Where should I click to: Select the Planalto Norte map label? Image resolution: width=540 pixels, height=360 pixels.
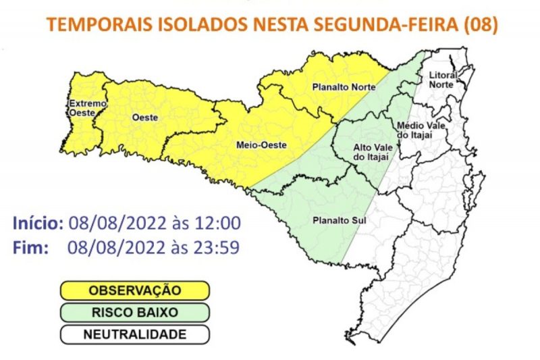click(x=339, y=88)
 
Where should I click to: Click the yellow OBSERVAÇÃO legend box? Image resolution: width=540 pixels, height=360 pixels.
click(x=135, y=291)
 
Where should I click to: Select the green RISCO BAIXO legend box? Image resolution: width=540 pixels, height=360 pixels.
click(x=135, y=313)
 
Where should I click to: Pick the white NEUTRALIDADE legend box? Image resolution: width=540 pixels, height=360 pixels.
click(x=135, y=334)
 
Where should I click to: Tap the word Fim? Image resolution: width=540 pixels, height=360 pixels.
click(x=30, y=247)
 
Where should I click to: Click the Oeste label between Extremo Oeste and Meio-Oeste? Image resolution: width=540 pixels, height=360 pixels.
click(x=145, y=118)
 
